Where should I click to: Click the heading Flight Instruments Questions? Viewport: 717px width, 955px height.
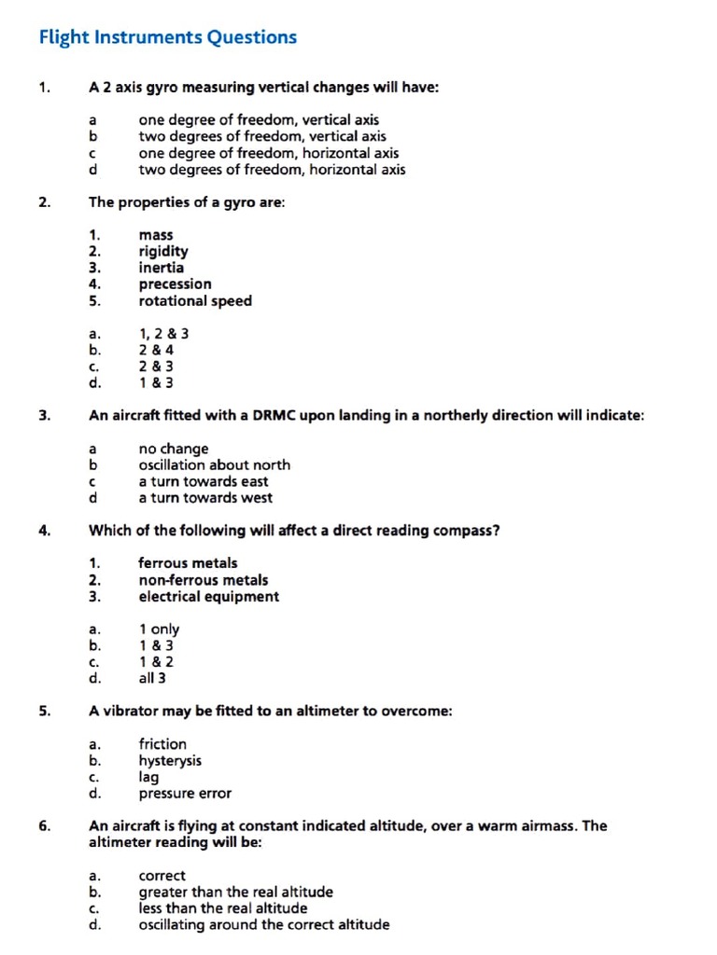168,37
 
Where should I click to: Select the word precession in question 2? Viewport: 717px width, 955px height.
175,284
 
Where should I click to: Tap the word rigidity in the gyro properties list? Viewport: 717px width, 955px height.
163,251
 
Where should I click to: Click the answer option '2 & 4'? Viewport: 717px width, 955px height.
156,350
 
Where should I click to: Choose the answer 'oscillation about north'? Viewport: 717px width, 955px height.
214,464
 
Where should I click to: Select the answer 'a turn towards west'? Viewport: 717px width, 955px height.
205,497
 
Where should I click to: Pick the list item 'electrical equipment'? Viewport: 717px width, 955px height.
208,596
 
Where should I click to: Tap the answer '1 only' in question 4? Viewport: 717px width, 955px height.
159,630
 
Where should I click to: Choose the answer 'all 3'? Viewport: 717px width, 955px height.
152,678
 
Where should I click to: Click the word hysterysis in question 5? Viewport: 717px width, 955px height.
170,761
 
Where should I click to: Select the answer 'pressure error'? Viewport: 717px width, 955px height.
185,794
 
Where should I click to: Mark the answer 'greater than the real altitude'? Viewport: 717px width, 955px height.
235,892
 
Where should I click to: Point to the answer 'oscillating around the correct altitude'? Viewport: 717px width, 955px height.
264,924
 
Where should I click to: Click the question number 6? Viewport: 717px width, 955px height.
44,825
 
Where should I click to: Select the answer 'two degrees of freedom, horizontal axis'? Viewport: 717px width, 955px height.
272,170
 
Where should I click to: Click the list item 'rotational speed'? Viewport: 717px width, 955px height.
195,300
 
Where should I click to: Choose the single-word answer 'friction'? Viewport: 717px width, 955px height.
162,744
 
